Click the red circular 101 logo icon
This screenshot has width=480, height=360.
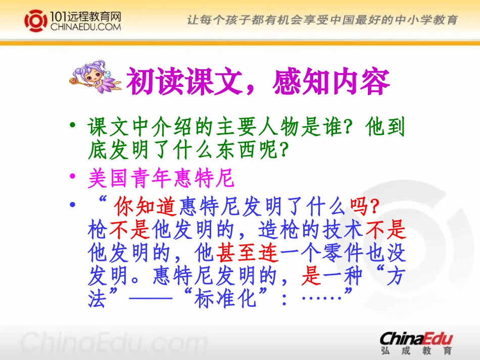pyautogui.click(x=35, y=21)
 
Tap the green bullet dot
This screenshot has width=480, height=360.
pyautogui.click(x=74, y=125)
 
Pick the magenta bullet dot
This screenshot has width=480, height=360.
pyautogui.click(x=74, y=178)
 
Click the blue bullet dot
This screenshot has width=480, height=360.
pyautogui.click(x=74, y=205)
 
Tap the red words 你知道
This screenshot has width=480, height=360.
pyautogui.click(x=145, y=207)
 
